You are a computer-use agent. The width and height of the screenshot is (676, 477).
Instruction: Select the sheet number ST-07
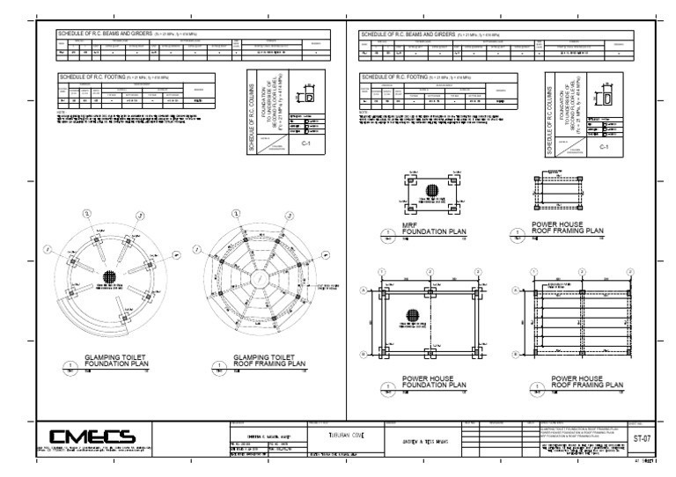click(x=643, y=437)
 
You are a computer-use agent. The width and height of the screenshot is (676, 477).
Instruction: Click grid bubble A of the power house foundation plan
click(x=362, y=289)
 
